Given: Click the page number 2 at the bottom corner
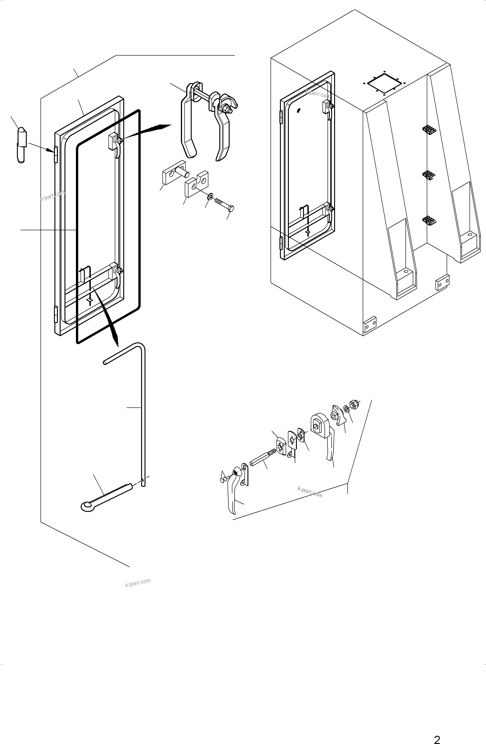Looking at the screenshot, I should [437, 737].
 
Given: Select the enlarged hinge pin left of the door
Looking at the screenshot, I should [21, 145].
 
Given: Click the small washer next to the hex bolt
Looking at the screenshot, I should [210, 196].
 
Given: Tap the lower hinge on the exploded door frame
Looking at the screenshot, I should [56, 314].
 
